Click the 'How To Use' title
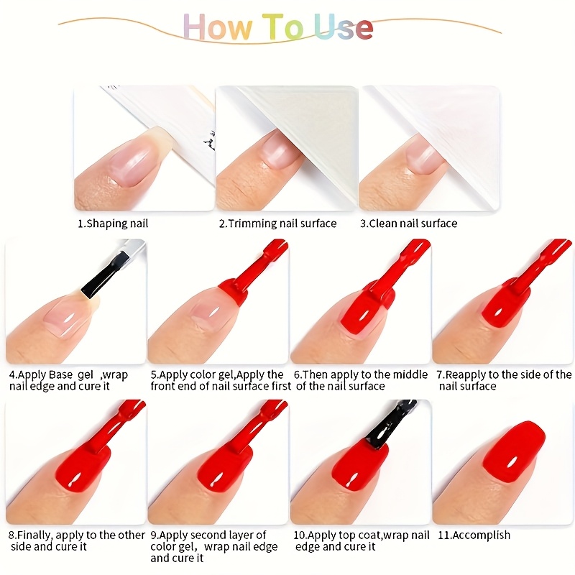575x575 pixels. (x=278, y=27)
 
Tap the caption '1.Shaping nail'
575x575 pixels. (x=113, y=224)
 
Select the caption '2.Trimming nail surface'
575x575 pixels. (x=277, y=224)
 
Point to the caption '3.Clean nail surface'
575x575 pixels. (x=408, y=224)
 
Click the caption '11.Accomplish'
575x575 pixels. (x=474, y=535)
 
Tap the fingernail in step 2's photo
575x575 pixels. (x=280, y=150)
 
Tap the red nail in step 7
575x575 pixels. (x=505, y=306)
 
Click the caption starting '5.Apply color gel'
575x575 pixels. (x=221, y=380)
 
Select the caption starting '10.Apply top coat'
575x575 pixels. (x=362, y=540)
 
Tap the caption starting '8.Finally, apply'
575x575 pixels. (x=77, y=540)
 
